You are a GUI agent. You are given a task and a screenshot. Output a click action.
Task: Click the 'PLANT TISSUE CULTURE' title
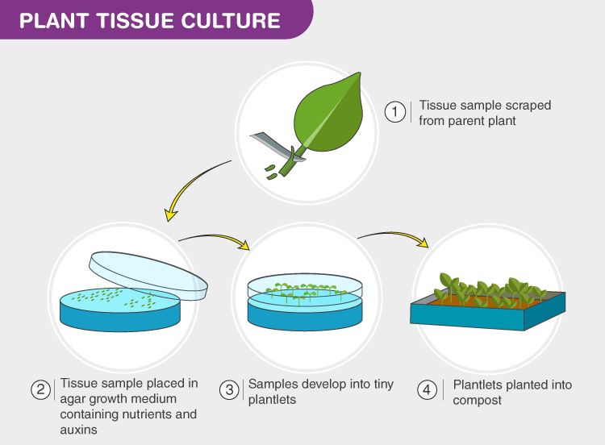(150, 20)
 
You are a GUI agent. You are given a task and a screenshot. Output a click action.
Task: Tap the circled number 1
(394, 112)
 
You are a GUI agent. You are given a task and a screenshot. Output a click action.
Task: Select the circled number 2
(41, 390)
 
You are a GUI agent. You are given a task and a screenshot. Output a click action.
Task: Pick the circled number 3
(231, 390)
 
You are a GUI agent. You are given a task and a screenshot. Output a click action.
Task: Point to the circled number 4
(427, 391)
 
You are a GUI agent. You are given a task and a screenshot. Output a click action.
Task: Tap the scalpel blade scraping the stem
(269, 146)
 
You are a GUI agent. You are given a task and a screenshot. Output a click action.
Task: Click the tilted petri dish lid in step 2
(148, 274)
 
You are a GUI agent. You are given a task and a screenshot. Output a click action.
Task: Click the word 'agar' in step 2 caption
(74, 399)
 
